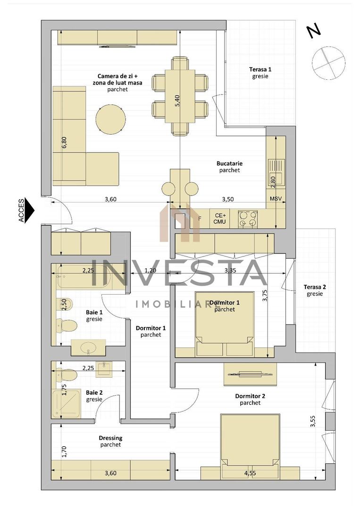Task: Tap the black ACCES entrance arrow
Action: [x=29, y=210]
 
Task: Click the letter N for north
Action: [x=313, y=31]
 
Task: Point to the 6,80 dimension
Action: [x=64, y=143]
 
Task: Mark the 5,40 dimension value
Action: [x=177, y=101]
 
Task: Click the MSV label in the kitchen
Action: [x=276, y=199]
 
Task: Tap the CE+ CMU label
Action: [x=219, y=218]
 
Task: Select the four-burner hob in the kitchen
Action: [x=248, y=219]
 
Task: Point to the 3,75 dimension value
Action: [x=265, y=295]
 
